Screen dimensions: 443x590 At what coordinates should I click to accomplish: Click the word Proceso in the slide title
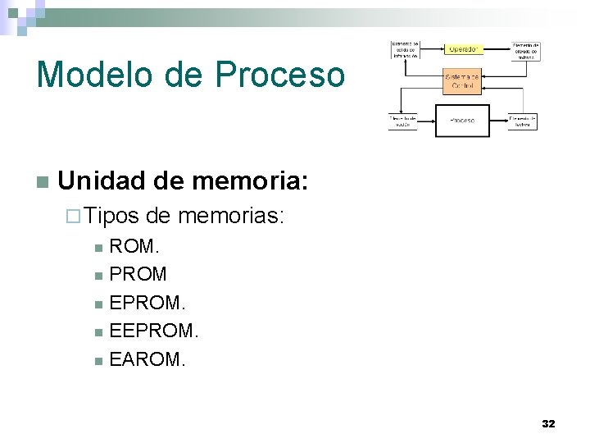281,74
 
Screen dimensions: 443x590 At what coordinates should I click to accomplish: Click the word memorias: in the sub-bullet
230,217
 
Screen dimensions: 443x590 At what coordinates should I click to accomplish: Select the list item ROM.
134,246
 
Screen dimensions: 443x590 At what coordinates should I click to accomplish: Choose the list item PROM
138,274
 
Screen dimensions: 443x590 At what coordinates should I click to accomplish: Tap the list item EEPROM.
154,331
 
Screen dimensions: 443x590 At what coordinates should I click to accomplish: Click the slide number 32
548,424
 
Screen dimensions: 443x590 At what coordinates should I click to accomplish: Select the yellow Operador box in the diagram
463,48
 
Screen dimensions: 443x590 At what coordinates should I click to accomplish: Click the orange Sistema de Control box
463,82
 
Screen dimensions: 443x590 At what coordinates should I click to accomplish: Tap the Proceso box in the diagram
461,121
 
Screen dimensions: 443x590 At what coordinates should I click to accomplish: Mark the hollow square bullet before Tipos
73,217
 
